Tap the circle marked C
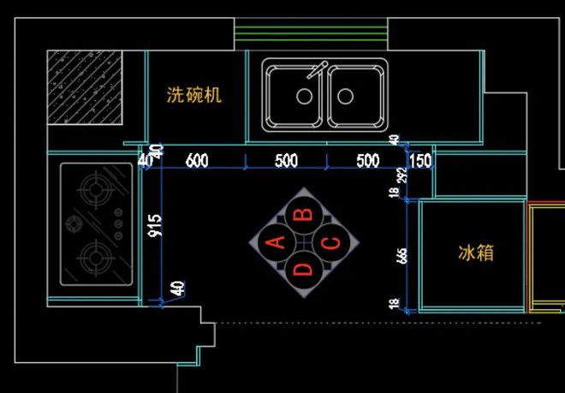pyautogui.click(x=330, y=242)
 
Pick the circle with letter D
pyautogui.click(x=304, y=271)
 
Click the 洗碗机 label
pyautogui.click(x=194, y=94)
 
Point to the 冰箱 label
pyautogui.click(x=476, y=253)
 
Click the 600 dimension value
pyautogui.click(x=197, y=160)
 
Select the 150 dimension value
pyautogui.click(x=419, y=161)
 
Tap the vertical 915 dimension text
pyautogui.click(x=155, y=225)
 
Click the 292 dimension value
pyautogui.click(x=402, y=177)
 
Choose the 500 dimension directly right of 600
pyautogui.click(x=286, y=160)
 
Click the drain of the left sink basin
pyautogui.click(x=304, y=97)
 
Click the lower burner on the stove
pyautogui.click(x=94, y=253)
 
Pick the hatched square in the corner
pyautogui.click(x=85, y=87)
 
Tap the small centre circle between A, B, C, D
pyautogui.click(x=304, y=242)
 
